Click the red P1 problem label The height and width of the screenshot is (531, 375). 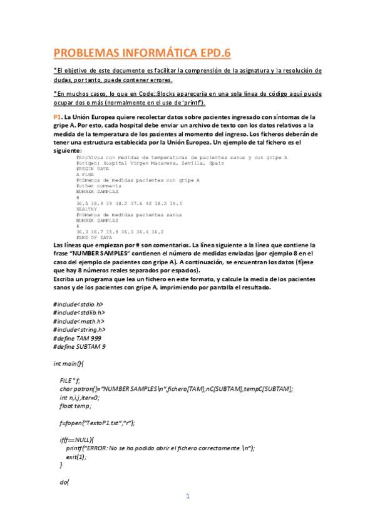57,117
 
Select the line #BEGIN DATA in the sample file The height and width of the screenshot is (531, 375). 93,168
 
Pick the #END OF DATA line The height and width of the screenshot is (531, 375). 94,238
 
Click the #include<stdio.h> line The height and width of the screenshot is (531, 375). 78,304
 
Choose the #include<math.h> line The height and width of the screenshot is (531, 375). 78,321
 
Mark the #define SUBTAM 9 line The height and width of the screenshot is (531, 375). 80,346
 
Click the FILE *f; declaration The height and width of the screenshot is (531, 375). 70,380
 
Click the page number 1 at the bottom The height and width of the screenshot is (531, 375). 187,497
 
